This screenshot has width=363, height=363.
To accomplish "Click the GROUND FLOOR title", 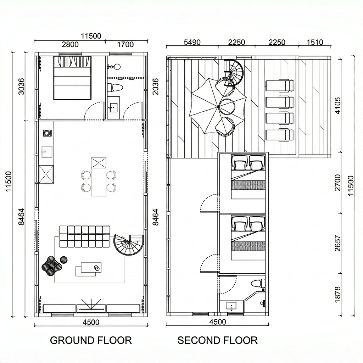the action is point(91,340).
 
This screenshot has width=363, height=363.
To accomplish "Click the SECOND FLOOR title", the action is point(217,340).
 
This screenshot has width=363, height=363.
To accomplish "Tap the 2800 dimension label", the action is point(70,44).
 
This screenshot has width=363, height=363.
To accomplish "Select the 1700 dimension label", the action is point(125,44).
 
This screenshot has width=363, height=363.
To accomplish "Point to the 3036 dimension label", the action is point(21,86).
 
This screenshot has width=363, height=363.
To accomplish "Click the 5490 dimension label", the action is point(192,42).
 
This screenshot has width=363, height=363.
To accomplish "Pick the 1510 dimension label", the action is point(315,42).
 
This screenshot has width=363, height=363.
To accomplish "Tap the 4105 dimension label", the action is point(338,106).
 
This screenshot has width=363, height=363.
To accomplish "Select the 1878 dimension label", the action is point(338,294).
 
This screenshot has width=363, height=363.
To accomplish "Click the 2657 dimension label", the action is point(338,243).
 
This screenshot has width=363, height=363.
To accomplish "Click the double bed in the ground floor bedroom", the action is point(72,78).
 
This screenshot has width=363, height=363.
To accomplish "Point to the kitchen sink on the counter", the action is point(46,151).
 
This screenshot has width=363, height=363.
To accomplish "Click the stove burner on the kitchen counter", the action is point(47,133).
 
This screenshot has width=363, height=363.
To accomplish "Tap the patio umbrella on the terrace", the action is point(218,106).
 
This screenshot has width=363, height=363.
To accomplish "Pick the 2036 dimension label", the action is point(155,86).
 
